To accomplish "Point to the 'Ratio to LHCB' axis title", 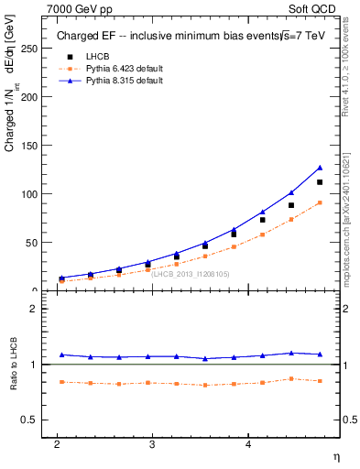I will (x=14, y=365).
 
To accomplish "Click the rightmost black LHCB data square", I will (x=320, y=182).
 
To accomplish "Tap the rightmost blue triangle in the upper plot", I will (x=320, y=168).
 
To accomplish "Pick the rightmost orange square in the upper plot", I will (x=320, y=203).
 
